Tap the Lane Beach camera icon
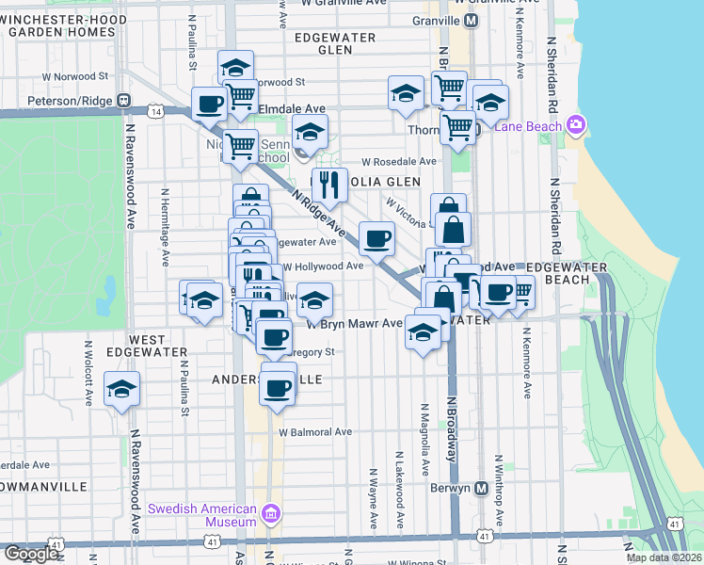tap(577, 125)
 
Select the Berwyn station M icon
tap(481, 489)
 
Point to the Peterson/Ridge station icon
tap(123, 100)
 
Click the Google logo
tap(31, 554)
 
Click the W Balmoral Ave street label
tap(314, 432)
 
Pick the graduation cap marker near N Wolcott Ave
tap(121, 389)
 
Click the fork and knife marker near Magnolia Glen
tap(328, 185)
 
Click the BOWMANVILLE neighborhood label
tap(43, 486)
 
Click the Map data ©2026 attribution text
tap(663, 557)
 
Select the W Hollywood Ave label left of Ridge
tap(323, 266)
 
